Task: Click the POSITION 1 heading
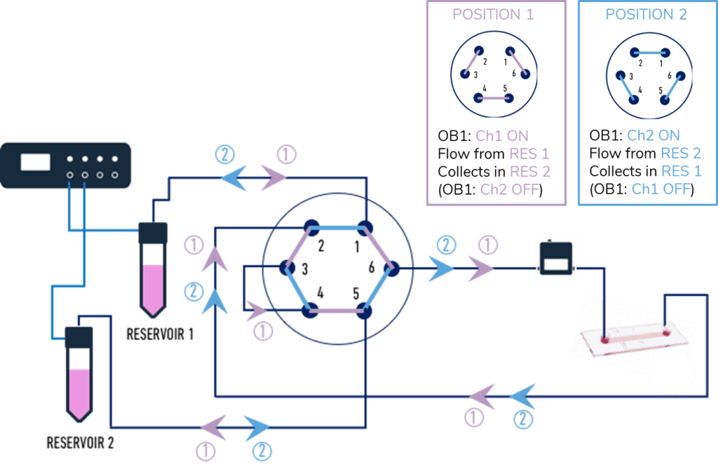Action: pyautogui.click(x=496, y=14)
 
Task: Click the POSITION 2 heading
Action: pyautogui.click(x=646, y=14)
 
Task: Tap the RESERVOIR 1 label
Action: pyautogui.click(x=160, y=334)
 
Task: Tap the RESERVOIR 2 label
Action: pyautogui.click(x=80, y=443)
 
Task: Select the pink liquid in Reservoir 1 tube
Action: pyautogui.click(x=153, y=287)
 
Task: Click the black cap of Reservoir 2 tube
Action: pyautogui.click(x=79, y=337)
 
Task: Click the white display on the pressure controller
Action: pyautogui.click(x=35, y=162)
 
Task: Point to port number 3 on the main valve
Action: pyautogui.click(x=305, y=269)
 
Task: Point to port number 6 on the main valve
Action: pyautogui.click(x=371, y=266)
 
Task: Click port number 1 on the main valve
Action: pyautogui.click(x=356, y=246)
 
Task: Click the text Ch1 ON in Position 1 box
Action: pyautogui.click(x=502, y=135)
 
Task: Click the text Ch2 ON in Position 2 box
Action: pyautogui.click(x=653, y=135)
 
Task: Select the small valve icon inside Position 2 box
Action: pyautogui.click(x=648, y=74)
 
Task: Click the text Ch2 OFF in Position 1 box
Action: pyautogui.click(x=510, y=190)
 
